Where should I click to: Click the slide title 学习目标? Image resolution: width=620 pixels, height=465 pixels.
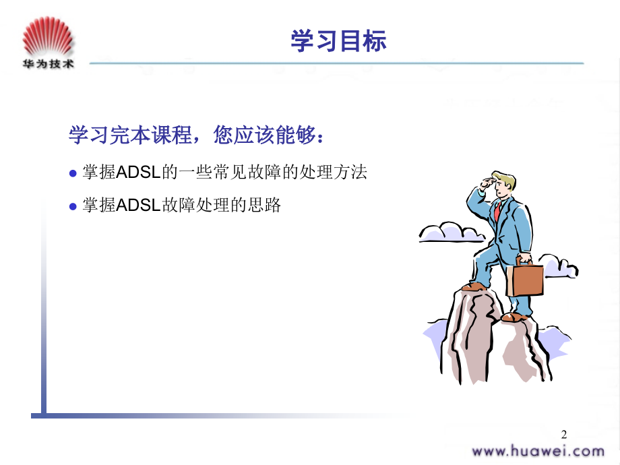[x=338, y=40]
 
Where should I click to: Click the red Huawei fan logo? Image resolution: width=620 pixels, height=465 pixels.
[x=48, y=36]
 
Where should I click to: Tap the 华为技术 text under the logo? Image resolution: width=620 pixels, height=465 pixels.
[x=48, y=64]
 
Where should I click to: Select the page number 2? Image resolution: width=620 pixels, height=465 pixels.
[x=564, y=435]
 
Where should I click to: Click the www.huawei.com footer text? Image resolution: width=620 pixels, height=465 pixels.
[x=538, y=451]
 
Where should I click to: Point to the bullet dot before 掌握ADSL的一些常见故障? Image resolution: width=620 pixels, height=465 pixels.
[x=73, y=173]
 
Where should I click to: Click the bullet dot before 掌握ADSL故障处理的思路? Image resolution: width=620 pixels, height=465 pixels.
[x=73, y=206]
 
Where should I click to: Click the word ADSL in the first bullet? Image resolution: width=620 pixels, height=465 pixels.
[x=138, y=173]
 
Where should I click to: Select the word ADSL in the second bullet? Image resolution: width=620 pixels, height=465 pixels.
[x=138, y=206]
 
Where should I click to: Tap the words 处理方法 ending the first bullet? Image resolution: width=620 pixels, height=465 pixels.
[x=333, y=172]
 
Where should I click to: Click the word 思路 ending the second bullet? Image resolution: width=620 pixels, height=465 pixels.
[x=264, y=206]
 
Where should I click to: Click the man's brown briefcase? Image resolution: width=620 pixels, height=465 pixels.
[x=525, y=277]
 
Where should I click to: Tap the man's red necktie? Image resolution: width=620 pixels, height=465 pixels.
[x=498, y=211]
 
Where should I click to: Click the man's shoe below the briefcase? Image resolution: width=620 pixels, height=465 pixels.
[x=515, y=317]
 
